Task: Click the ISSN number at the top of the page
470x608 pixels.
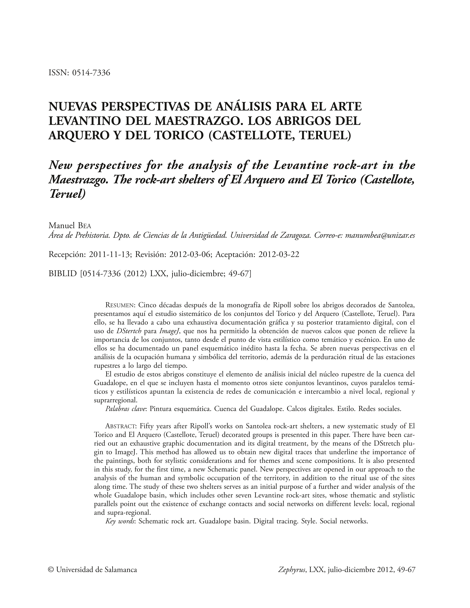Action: (91, 73)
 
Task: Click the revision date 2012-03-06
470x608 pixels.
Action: (190, 255)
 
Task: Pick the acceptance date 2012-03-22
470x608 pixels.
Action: (279, 255)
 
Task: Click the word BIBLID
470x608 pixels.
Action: (62, 274)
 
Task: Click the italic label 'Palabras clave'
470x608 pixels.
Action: (126, 409)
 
